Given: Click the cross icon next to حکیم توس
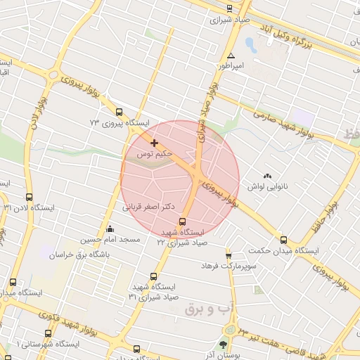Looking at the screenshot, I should (x=154, y=143).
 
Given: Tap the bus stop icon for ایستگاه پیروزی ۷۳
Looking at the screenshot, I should (x=118, y=112).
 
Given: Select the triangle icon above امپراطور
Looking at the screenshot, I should (x=230, y=56).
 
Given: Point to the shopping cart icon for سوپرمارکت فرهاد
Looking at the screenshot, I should (x=229, y=255).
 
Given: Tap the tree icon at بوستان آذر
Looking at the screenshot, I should (x=223, y=345).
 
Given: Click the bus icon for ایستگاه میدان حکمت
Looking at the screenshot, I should (x=283, y=240).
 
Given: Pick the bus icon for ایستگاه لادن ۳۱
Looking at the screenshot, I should (x=29, y=197).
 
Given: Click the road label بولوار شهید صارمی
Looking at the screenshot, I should (x=281, y=122).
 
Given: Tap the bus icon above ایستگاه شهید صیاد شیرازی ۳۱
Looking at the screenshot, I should (x=153, y=276).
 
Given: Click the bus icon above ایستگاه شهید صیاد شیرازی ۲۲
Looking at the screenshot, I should (x=184, y=221).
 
